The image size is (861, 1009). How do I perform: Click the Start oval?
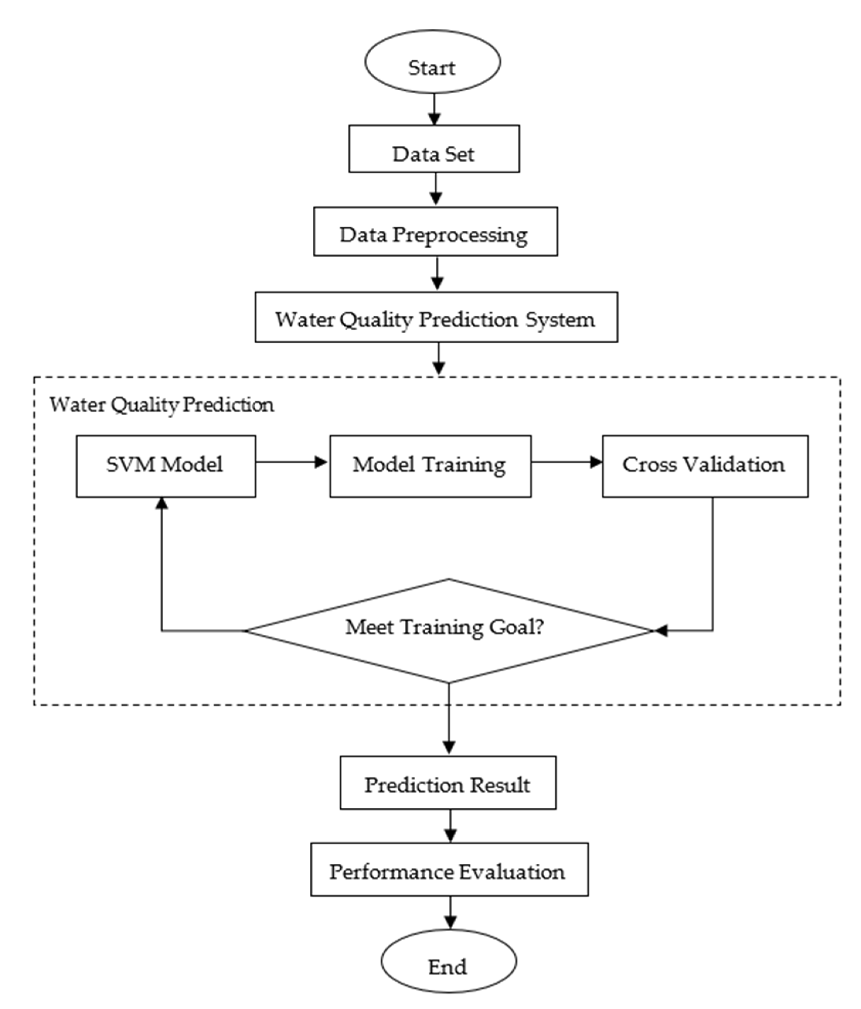point(433,61)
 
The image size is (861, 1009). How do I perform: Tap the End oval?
point(448,962)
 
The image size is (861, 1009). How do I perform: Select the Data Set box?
point(434,148)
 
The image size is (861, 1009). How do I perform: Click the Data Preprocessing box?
point(435,231)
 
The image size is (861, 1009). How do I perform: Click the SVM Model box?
point(166,466)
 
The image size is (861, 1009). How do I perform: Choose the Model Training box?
point(430,466)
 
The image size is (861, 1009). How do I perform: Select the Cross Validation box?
point(705,466)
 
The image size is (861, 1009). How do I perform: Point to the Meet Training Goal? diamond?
point(448,631)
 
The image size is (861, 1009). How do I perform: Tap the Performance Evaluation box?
point(449,869)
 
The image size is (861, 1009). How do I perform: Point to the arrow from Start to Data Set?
point(434,109)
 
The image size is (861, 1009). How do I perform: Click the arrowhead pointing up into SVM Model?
point(162,503)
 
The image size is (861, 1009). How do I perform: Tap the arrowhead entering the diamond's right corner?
point(660,631)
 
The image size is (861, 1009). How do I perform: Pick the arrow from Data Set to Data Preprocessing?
point(435,189)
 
